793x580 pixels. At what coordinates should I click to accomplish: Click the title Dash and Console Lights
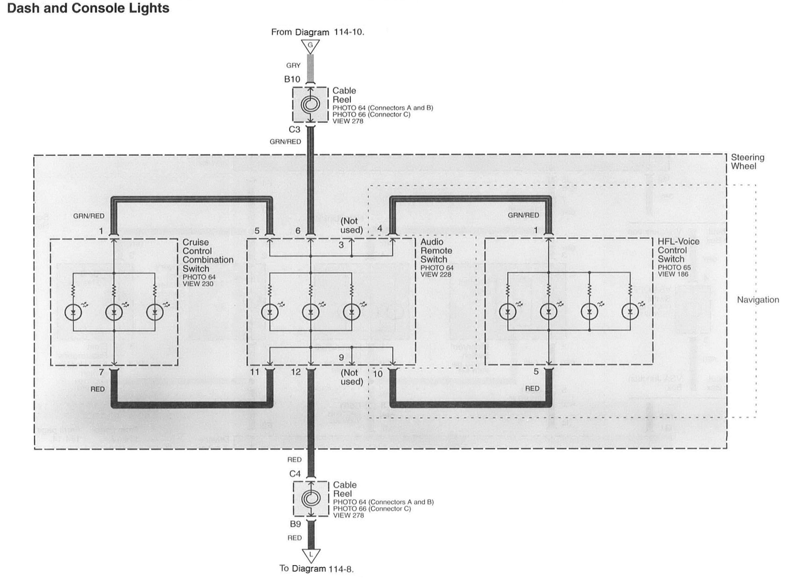point(88,8)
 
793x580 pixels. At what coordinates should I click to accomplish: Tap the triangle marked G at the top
point(310,46)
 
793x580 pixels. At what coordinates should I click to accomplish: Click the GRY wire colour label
point(293,66)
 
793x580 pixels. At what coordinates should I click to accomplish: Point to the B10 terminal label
point(292,79)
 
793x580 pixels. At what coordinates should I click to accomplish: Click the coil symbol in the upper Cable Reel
point(310,105)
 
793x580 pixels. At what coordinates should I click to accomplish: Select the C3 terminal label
point(294,130)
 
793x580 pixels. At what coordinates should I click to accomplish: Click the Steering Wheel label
point(747,162)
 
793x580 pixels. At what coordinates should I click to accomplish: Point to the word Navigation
point(758,300)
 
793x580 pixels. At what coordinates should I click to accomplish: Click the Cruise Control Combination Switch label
point(208,255)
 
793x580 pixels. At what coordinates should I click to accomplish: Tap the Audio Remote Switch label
point(436,251)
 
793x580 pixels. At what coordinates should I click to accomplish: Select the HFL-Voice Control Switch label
point(678,250)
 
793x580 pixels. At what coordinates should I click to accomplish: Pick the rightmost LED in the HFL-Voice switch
point(630,311)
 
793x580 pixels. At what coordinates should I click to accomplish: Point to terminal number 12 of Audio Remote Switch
point(296,372)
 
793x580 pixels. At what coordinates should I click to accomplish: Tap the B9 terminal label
point(295,524)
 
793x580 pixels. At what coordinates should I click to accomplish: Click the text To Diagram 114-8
point(317,569)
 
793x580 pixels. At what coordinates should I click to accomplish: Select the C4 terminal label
point(295,474)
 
